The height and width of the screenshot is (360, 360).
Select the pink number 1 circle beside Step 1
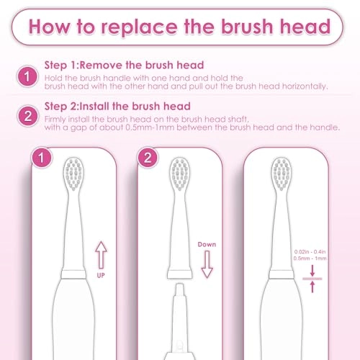(x=27, y=76)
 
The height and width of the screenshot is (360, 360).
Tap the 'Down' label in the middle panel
(x=207, y=244)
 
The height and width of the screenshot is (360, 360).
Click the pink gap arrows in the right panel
(x=312, y=279)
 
